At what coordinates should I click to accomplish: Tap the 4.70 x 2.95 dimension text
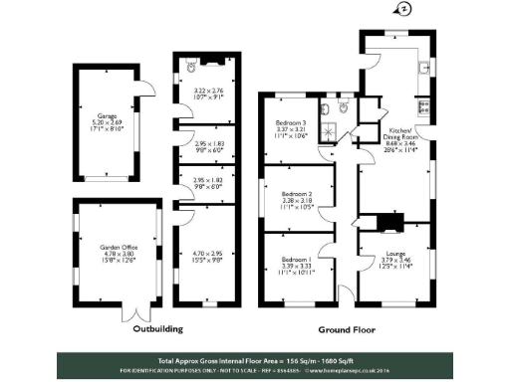(204, 257)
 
